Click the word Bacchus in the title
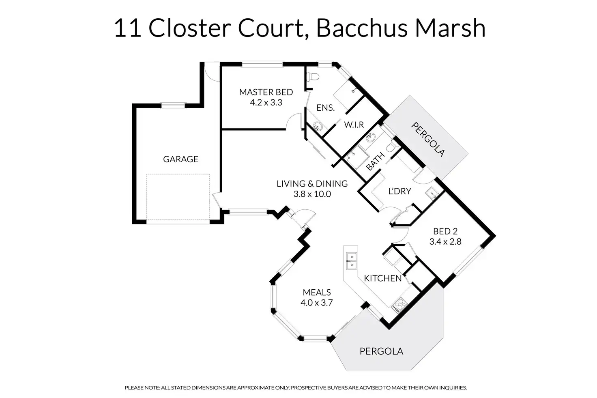point(362,28)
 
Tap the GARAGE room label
point(181,159)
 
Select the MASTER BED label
point(266,92)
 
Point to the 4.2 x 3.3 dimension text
point(266,103)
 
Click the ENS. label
point(325,108)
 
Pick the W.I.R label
point(354,125)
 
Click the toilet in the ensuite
point(312,77)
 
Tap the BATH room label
point(376,161)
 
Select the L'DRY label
point(400,191)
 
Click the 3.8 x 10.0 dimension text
point(312,194)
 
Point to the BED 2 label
point(445,231)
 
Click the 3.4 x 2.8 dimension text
point(445,241)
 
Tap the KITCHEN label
point(383,278)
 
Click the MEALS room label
point(317,293)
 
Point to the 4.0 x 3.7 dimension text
point(317,303)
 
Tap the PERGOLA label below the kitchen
point(381,351)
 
